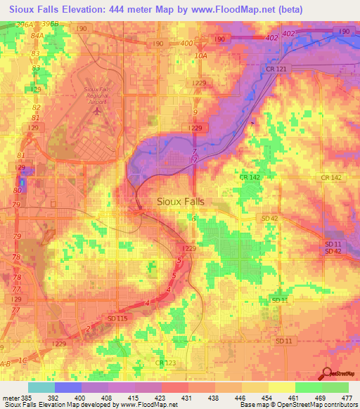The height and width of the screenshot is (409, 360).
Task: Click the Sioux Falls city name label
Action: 179,201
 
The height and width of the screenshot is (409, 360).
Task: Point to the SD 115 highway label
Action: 117,318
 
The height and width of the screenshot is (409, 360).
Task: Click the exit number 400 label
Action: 186,44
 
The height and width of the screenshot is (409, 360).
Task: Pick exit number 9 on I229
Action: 195,112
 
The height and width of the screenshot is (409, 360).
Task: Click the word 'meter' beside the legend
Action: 11,397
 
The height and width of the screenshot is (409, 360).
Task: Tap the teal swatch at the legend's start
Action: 41,387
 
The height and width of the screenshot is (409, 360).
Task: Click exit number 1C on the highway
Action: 24,360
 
